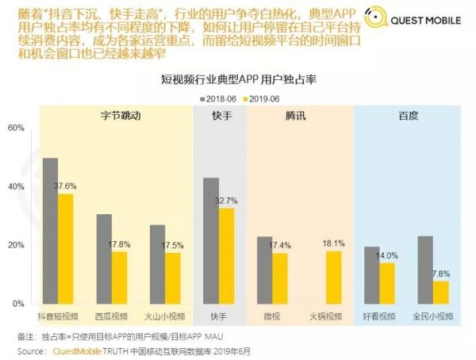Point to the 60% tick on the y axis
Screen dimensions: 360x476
(x=16, y=128)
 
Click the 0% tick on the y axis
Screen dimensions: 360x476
(x=18, y=304)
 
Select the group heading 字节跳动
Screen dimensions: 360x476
(x=121, y=116)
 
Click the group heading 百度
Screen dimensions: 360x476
(x=409, y=116)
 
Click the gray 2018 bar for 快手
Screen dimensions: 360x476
(x=211, y=241)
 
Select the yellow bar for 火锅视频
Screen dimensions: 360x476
(x=334, y=278)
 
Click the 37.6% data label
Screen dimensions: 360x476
(x=65, y=186)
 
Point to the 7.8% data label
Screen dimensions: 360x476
(x=442, y=274)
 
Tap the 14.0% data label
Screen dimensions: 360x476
(x=387, y=256)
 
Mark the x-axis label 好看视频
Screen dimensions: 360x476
(x=379, y=316)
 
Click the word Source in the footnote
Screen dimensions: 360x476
(x=31, y=350)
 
